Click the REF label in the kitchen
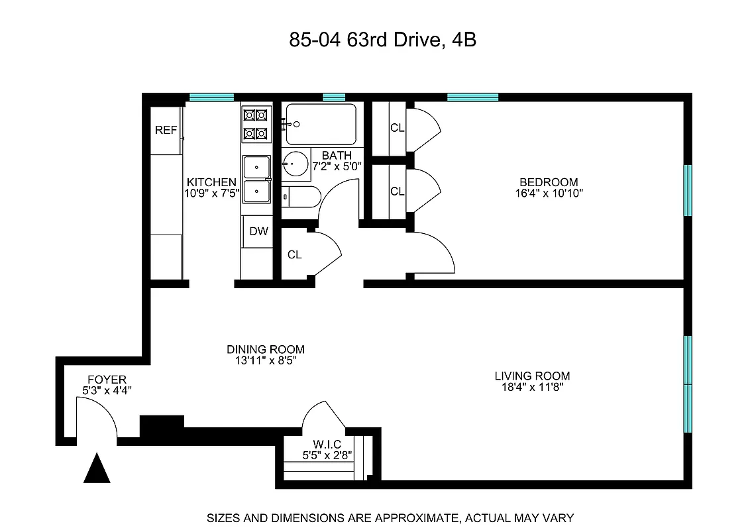(x=166, y=131)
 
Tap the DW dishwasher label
(x=259, y=231)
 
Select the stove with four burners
(x=256, y=125)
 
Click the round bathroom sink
(x=295, y=163)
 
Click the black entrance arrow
(x=97, y=468)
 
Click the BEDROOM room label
(x=548, y=182)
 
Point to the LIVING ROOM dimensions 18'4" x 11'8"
(x=532, y=388)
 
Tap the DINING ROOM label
(x=265, y=349)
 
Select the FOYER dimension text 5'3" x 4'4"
(x=107, y=391)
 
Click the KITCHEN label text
(x=211, y=182)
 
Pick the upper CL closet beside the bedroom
(x=396, y=128)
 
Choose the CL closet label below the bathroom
(x=294, y=254)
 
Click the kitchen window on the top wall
(x=211, y=97)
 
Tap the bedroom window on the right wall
(x=687, y=189)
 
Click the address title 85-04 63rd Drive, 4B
(x=383, y=40)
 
